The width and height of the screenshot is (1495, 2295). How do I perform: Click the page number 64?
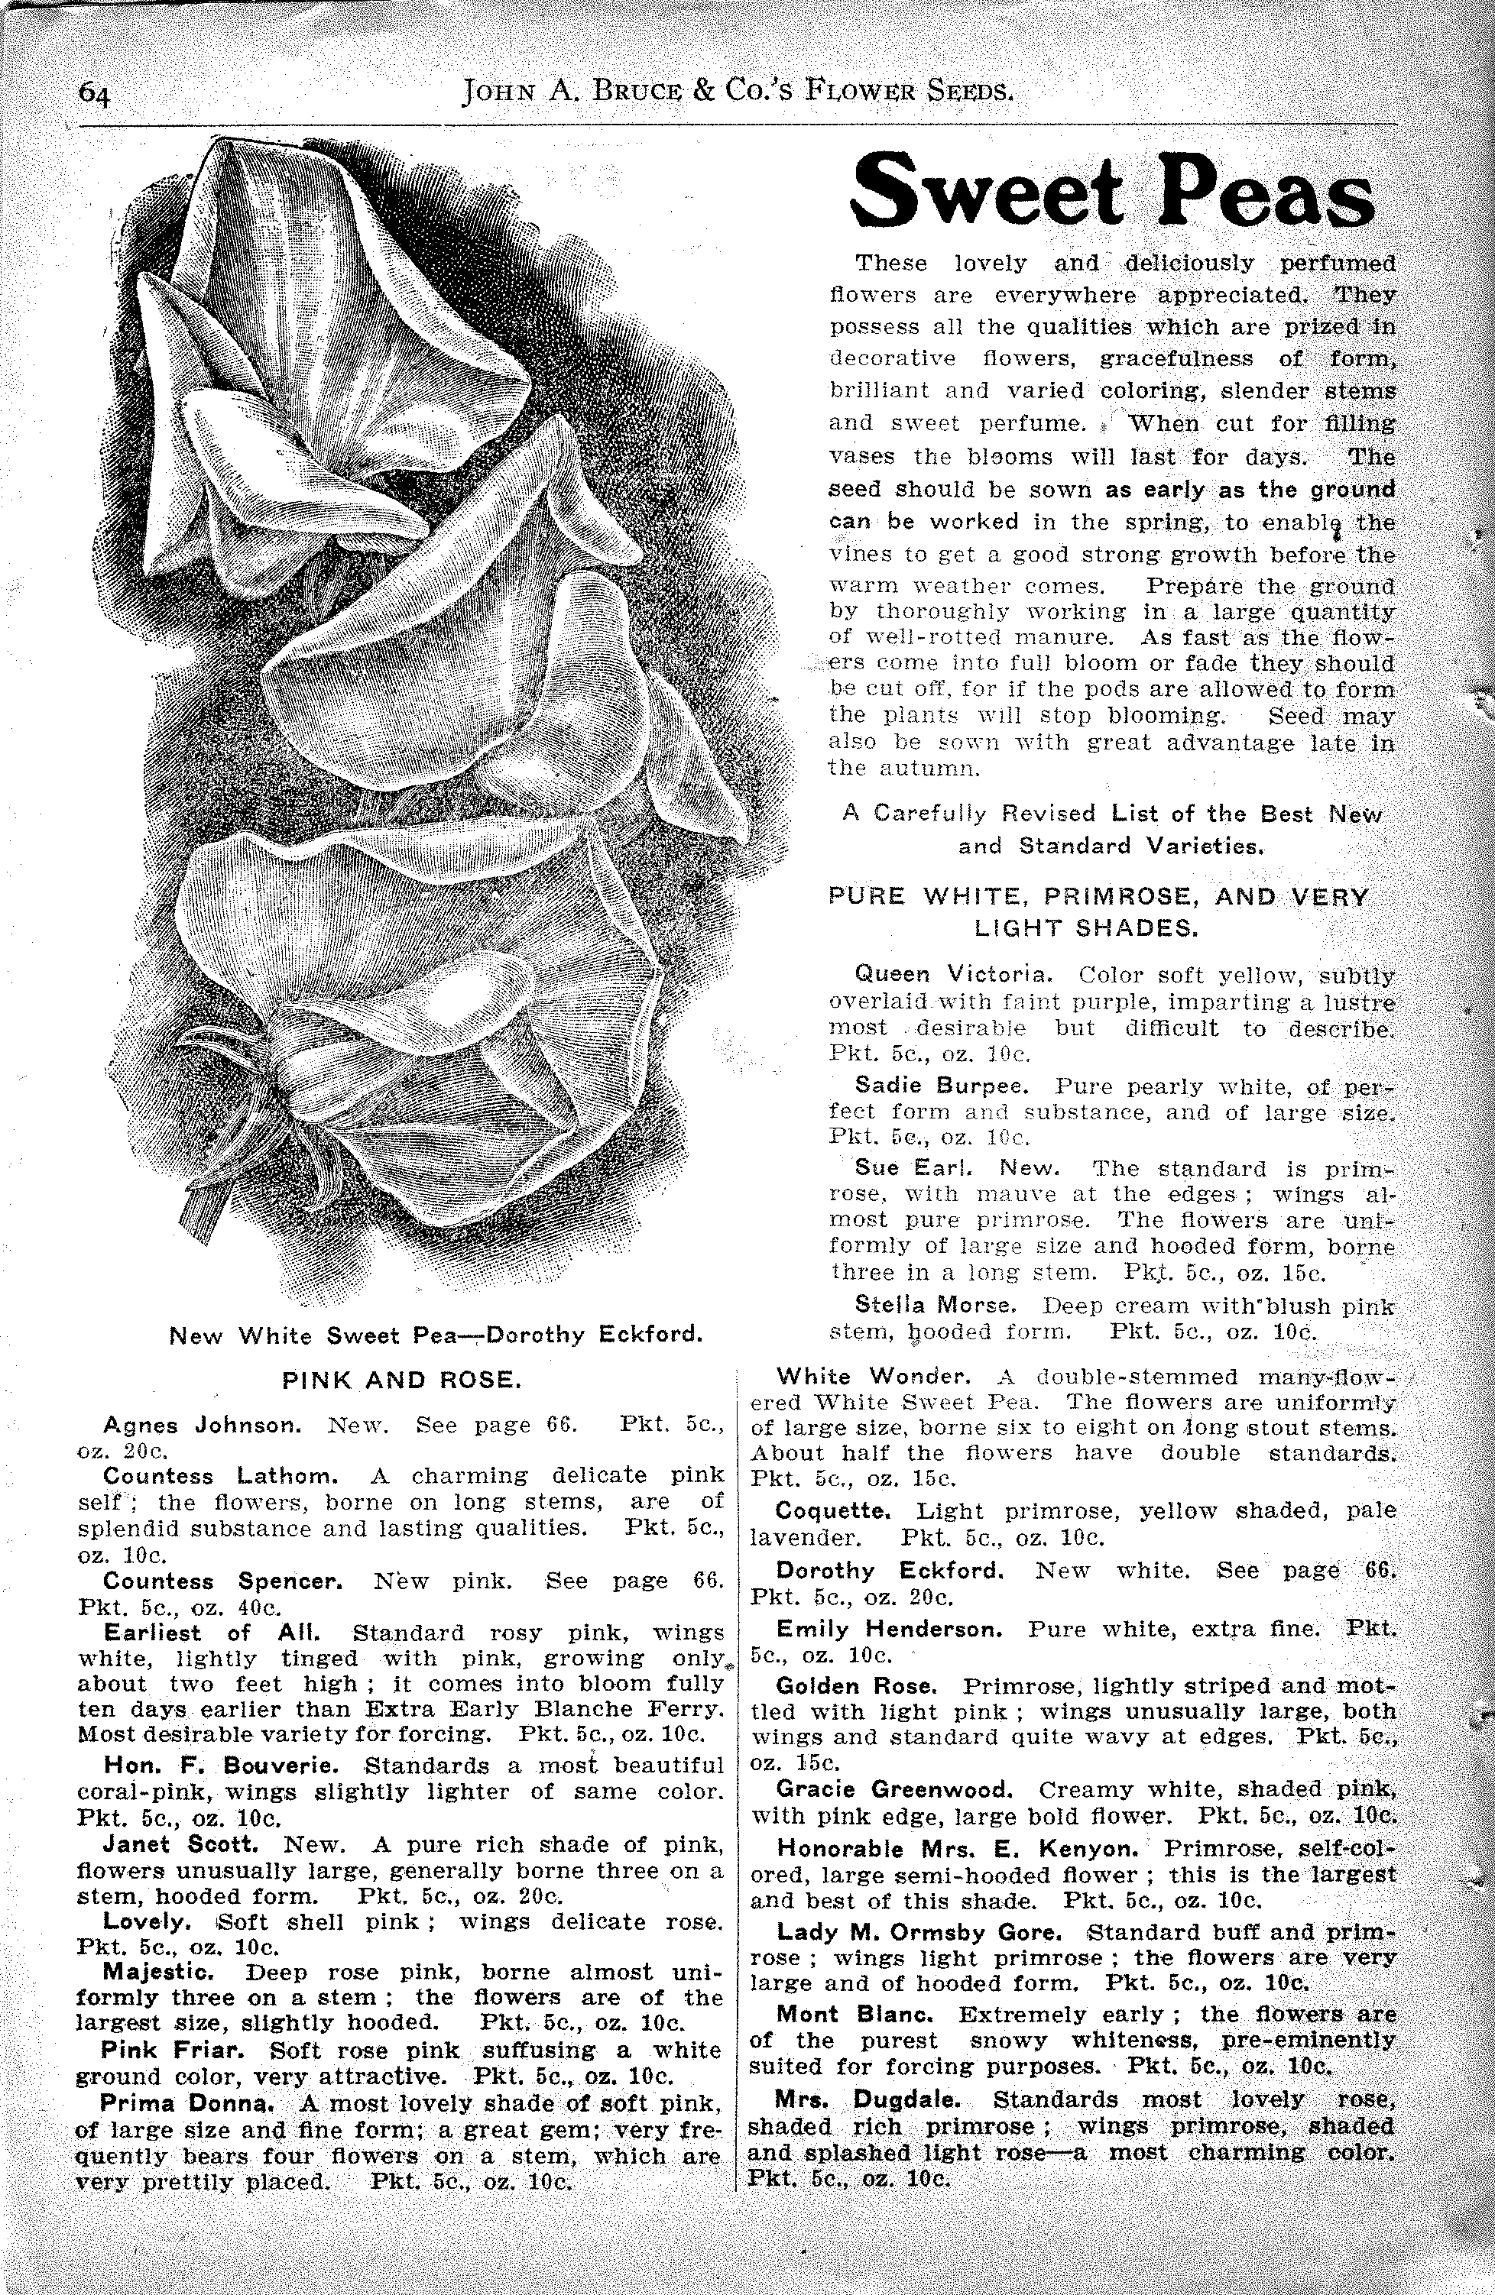point(96,93)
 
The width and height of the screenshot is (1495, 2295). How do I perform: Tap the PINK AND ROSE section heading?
point(401,1381)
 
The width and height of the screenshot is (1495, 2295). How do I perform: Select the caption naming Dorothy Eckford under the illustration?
point(434,1336)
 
